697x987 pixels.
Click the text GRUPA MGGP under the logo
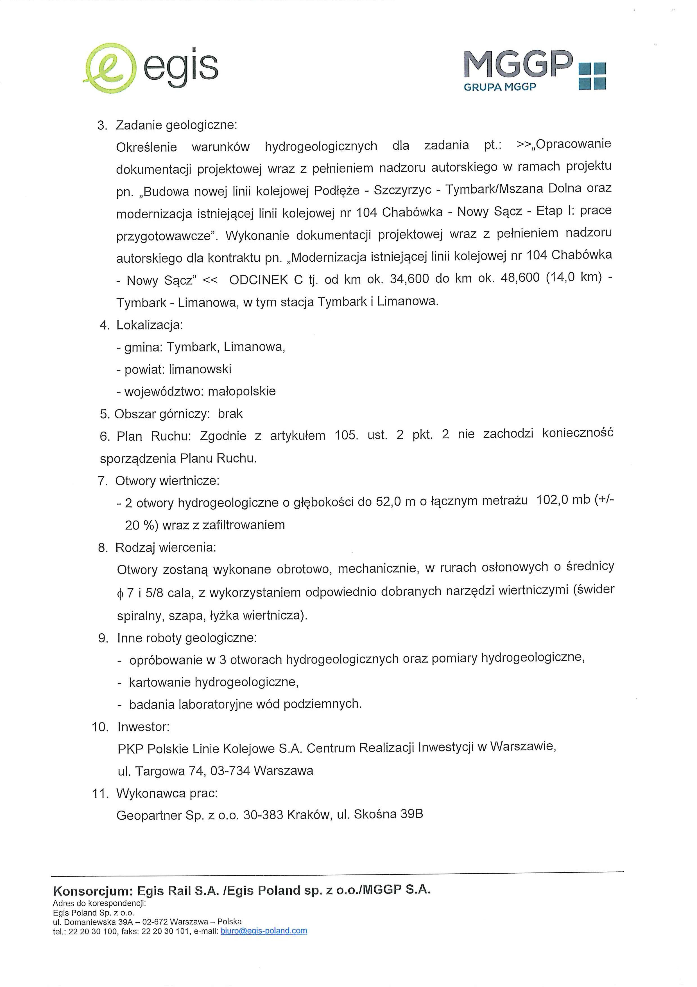(x=500, y=87)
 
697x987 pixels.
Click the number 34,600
(x=409, y=279)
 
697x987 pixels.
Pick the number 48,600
(x=520, y=277)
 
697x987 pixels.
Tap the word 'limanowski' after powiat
(x=200, y=369)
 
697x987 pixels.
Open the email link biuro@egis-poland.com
(x=263, y=931)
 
